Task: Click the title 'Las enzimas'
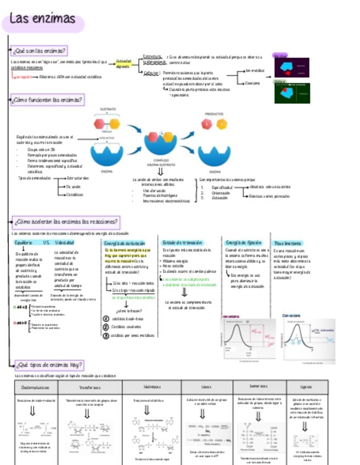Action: click(43, 19)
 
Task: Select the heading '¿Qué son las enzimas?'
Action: click(40, 52)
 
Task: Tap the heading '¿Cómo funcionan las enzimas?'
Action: click(48, 100)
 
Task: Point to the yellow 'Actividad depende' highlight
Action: click(123, 63)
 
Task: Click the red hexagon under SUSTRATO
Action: click(99, 123)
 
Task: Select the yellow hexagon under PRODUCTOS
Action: click(222, 124)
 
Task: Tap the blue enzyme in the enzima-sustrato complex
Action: click(160, 144)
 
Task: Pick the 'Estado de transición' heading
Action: click(182, 242)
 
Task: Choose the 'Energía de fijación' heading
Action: click(243, 242)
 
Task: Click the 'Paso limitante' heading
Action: click(288, 242)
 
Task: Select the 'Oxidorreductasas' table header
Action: click(35, 387)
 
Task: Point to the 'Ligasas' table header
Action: click(307, 387)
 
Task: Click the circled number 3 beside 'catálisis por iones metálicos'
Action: click(106, 336)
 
